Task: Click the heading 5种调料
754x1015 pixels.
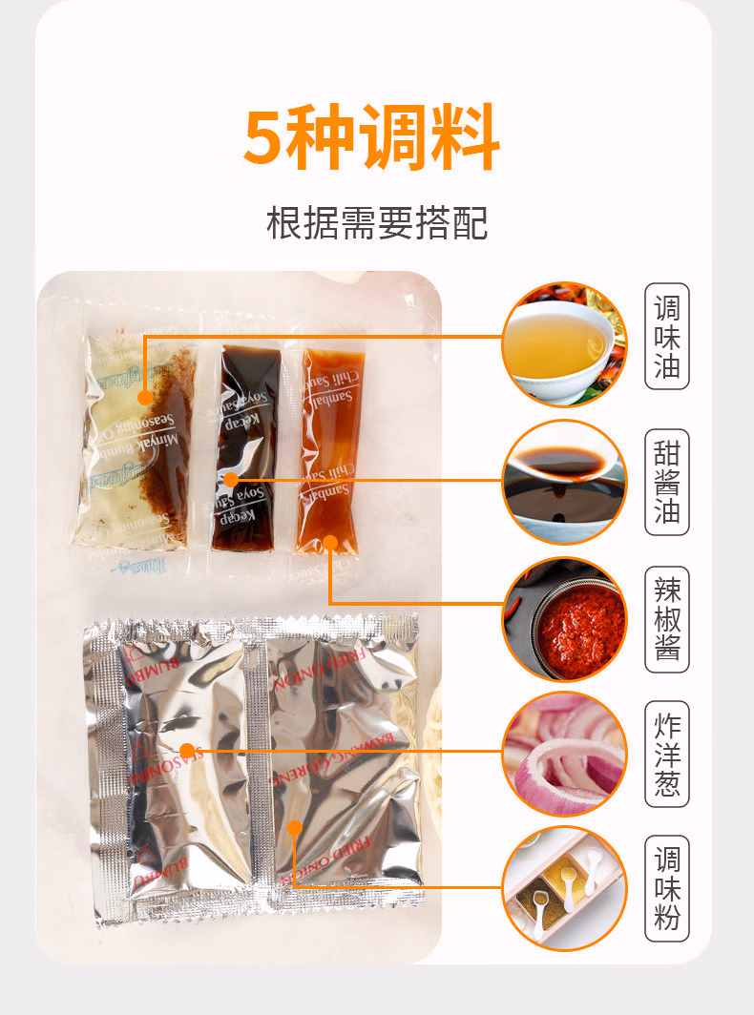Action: coord(372,139)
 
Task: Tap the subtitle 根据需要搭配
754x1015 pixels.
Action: coord(377,222)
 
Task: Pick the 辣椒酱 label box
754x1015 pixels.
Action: coord(667,619)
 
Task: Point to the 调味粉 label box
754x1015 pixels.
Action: coord(667,889)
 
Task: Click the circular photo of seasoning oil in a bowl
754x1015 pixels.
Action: coord(564,344)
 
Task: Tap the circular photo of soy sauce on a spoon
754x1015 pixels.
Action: coord(564,482)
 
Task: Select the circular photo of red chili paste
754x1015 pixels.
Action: coord(564,619)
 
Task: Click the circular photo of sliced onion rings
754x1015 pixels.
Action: coord(564,755)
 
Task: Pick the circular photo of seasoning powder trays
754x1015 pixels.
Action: coord(564,890)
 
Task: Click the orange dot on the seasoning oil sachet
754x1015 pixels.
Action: coord(145,398)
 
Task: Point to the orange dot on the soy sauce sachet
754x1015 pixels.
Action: coord(231,479)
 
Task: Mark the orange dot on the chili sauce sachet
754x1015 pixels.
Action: coord(330,543)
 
